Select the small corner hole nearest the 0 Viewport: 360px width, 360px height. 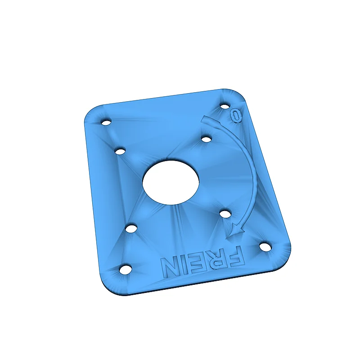tap(225, 106)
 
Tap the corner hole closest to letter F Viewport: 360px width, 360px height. tap(266, 247)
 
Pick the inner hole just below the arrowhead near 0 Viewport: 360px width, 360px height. tap(206, 139)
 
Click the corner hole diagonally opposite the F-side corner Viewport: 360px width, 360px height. tap(106, 122)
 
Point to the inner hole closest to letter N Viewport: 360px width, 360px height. tap(131, 229)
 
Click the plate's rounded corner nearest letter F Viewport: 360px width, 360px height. tap(283, 256)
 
